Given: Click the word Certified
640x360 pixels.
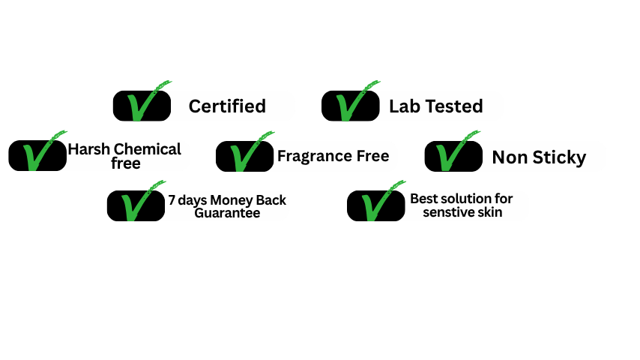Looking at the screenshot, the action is tap(227, 106).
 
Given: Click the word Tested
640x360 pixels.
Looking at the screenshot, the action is tap(455, 106).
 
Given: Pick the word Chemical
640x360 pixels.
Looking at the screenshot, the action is tap(148, 149).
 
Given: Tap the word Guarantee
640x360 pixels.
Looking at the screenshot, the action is tap(227, 213).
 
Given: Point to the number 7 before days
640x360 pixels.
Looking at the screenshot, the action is tap(172, 200).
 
